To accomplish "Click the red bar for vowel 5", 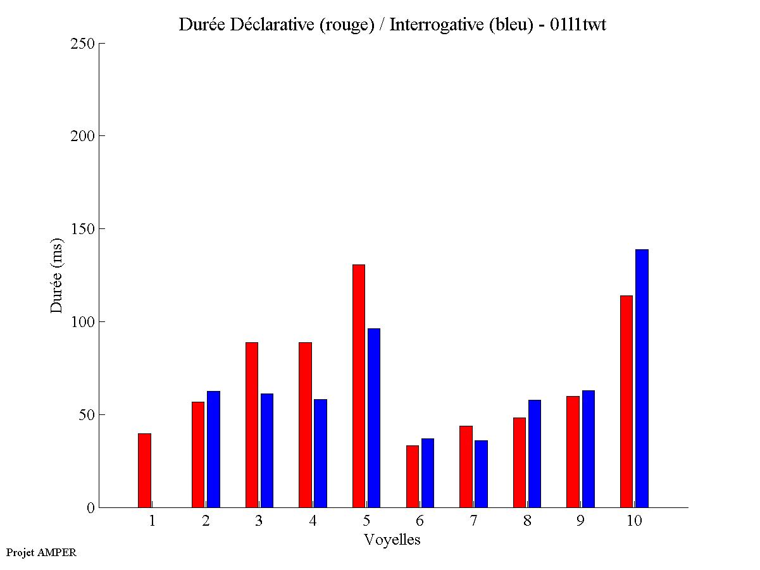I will (358, 386).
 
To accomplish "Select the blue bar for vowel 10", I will (642, 378).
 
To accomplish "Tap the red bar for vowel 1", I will (144, 470).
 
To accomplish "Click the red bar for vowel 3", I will (251, 424).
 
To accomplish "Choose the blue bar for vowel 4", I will (320, 453).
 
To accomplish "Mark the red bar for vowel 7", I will (466, 466).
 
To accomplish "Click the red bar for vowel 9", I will (573, 452).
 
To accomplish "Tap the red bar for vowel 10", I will (626, 401).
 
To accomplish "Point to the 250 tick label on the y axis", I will (83, 44).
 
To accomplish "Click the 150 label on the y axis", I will (83, 229).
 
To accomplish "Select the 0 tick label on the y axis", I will (90, 508).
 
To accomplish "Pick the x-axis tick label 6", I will (420, 521).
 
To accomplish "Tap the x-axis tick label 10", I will (633, 521).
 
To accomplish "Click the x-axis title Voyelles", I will (392, 540).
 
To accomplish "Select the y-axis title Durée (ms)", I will (57, 276).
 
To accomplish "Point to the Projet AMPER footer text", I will (41, 552).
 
